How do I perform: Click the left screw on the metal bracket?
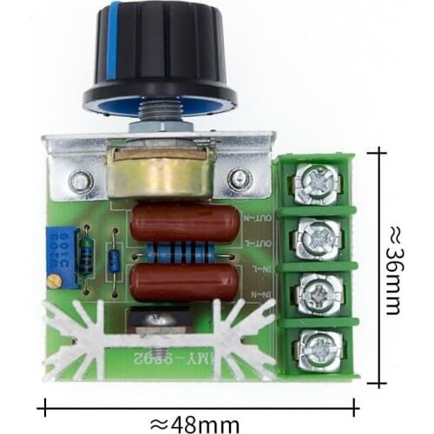(82, 181)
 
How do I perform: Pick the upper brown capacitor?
(185, 224)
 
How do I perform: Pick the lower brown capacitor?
(185, 281)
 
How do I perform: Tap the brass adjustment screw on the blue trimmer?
(56, 280)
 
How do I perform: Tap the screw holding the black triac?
(156, 320)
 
